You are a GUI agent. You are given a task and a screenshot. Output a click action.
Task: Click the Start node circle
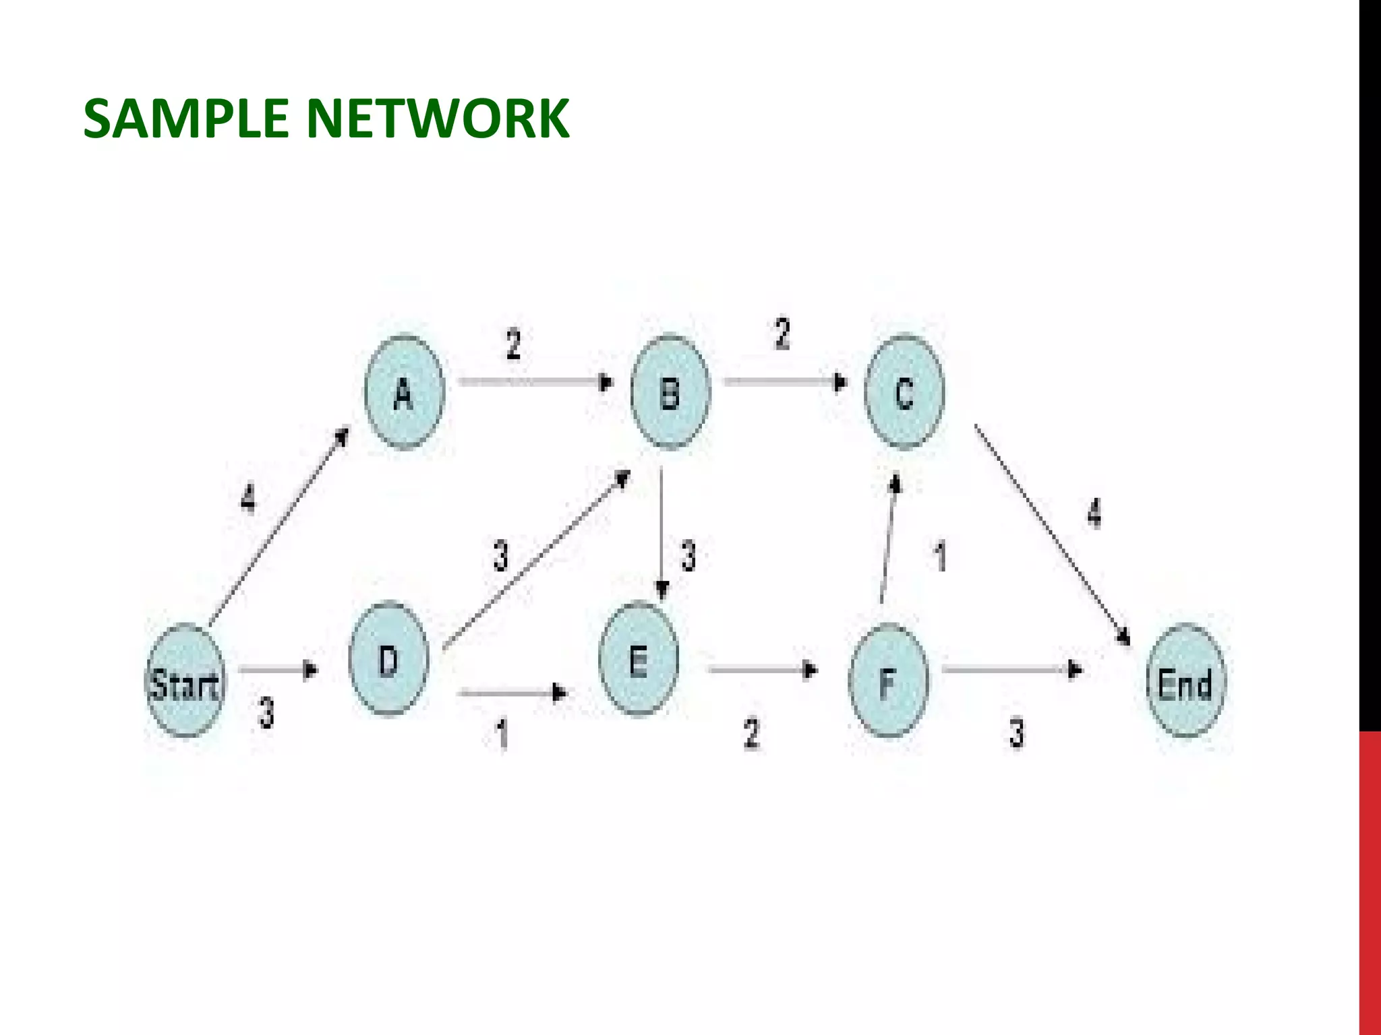pos(185,681)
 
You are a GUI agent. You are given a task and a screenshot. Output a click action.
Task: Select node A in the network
pos(404,392)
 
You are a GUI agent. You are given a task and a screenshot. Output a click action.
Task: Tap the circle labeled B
pos(670,392)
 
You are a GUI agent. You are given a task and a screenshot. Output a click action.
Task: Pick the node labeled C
pos(904,392)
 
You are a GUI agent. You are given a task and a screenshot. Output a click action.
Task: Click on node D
pos(388,658)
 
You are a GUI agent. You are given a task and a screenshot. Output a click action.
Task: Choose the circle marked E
pos(639,658)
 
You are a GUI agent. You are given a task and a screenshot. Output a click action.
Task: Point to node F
pos(888,681)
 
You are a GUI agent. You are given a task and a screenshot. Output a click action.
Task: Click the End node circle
pos(1185,681)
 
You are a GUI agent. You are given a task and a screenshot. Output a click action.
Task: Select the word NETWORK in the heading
pos(438,119)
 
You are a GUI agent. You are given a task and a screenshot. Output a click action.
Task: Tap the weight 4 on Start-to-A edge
pos(249,499)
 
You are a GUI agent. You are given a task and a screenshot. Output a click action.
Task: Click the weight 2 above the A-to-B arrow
pos(514,344)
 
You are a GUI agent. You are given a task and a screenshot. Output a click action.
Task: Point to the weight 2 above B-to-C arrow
pos(782,334)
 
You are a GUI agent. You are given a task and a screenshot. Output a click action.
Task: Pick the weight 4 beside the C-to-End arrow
pos(1094,513)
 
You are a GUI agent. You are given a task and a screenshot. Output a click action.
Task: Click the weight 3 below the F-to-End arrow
pos(1017,733)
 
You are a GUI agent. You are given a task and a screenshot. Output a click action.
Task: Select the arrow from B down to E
pos(662,532)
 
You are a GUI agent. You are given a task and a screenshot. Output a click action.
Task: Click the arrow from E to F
pos(762,670)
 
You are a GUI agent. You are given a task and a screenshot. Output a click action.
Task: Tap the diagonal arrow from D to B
pos(536,559)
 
